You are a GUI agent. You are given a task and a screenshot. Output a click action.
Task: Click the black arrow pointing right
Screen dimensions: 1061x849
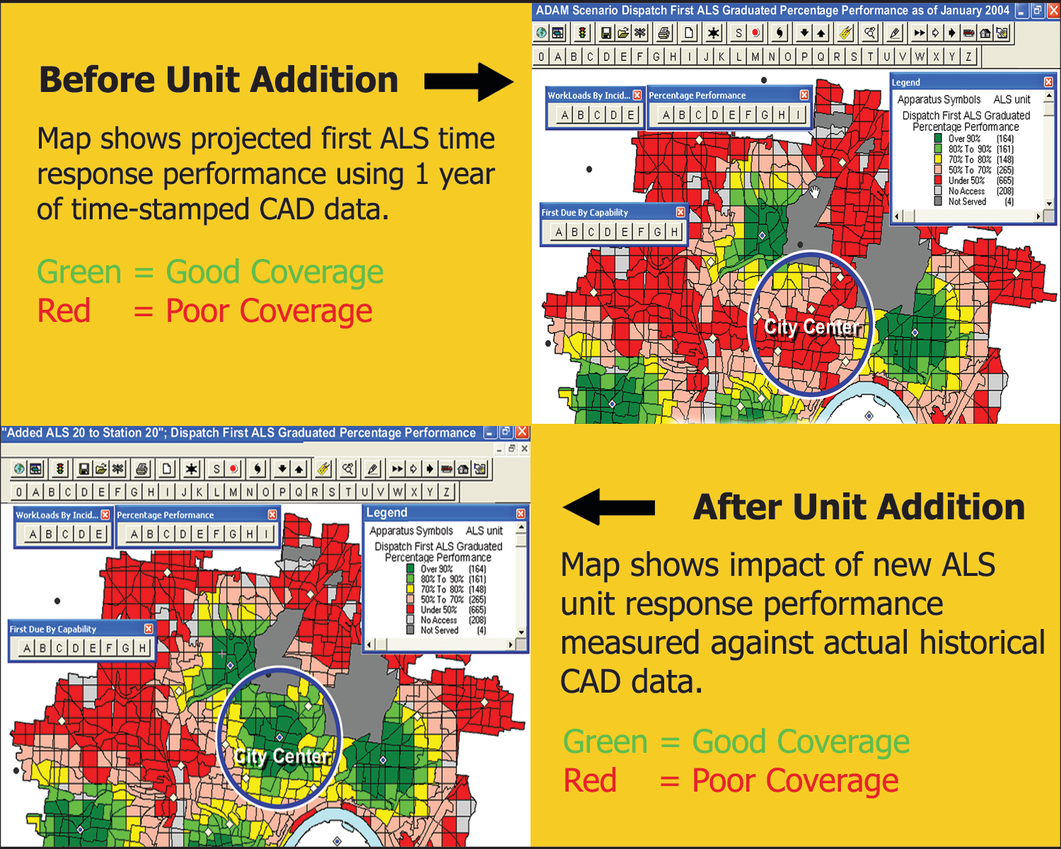coord(468,82)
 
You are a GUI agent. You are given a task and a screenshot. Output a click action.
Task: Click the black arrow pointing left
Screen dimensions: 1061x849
coord(608,507)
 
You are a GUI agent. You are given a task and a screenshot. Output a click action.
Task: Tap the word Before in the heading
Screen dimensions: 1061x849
coord(97,79)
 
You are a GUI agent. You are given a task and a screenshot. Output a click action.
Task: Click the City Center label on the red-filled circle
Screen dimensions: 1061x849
coord(812,327)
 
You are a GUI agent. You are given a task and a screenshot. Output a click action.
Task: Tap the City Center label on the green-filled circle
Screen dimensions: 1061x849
coord(282,756)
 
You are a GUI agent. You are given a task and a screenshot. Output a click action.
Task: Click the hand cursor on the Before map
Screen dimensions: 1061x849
coord(814,192)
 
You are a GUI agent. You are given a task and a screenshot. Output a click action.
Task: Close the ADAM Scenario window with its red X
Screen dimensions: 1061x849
coord(1054,11)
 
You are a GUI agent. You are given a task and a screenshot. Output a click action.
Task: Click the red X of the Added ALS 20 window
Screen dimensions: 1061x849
coord(522,433)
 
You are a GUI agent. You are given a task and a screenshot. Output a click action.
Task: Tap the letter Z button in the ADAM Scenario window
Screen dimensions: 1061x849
coord(969,57)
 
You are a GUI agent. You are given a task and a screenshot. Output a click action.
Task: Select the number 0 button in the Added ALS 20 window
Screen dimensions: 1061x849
coord(18,492)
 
